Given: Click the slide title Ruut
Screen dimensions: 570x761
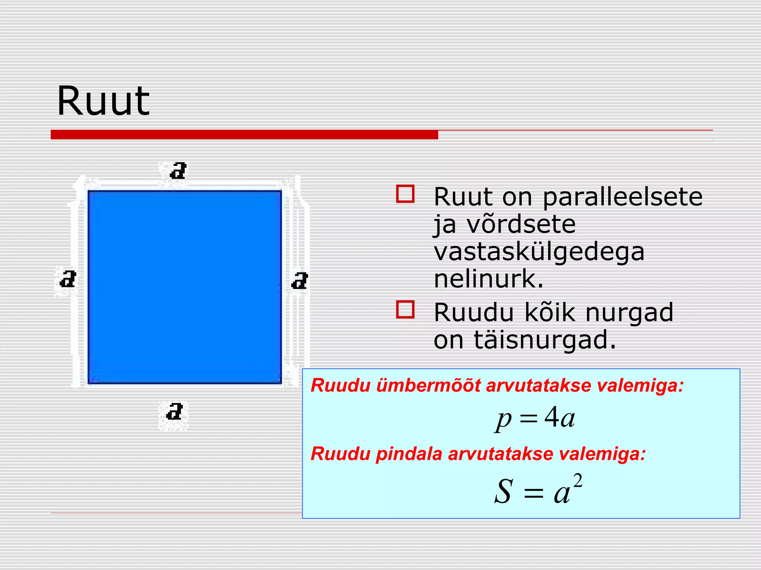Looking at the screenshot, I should coord(103,101).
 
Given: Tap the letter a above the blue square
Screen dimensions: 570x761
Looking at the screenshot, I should coord(178,171).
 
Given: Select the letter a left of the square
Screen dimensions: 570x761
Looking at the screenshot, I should coord(68,279).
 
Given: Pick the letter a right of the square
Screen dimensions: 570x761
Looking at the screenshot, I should coord(300,281).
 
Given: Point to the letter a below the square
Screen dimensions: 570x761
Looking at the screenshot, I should coord(174,412).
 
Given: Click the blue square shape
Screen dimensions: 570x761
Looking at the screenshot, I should coord(185,287).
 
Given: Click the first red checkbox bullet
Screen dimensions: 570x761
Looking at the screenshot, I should coord(405,194).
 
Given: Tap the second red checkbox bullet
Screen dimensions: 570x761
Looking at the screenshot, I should coord(405,309).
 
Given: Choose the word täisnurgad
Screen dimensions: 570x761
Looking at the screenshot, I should coord(545,340).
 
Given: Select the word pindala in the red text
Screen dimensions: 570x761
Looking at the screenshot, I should coord(409,454).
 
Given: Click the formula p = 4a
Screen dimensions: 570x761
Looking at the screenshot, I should coord(535,419).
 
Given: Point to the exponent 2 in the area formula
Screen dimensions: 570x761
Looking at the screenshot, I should coord(577,481).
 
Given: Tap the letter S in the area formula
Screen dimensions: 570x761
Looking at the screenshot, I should coord(504,491).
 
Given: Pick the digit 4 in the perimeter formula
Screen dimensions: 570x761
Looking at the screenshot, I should coord(551,417).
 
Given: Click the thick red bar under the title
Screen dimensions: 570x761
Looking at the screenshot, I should coord(244,135).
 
